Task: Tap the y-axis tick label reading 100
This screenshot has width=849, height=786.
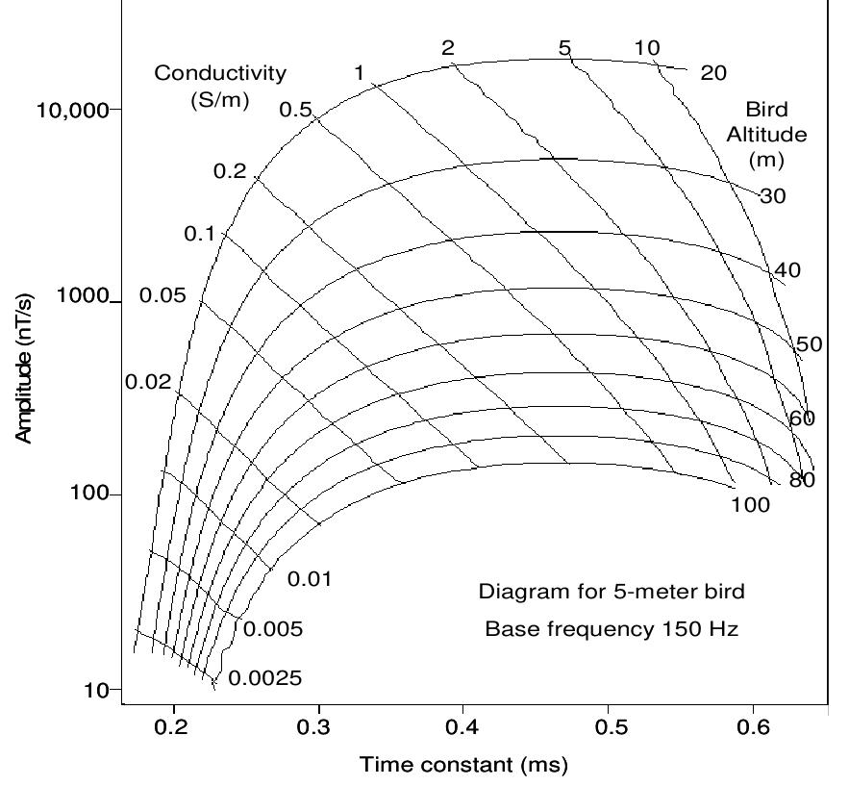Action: tap(93, 494)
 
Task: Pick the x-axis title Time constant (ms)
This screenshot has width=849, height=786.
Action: tap(463, 766)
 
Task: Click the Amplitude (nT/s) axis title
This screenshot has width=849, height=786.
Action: tap(23, 370)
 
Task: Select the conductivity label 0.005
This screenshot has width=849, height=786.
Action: tap(273, 630)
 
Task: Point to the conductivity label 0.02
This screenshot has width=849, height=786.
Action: tap(148, 382)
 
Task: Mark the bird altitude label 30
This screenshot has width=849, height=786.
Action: tap(772, 196)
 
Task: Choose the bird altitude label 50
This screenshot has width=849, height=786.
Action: tap(810, 344)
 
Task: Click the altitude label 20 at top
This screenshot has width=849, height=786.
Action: tap(713, 72)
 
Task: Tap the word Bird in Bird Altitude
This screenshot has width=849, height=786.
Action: tap(765, 109)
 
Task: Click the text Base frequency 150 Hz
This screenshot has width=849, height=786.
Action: tap(612, 630)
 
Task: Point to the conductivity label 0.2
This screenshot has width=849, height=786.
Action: tap(230, 172)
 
